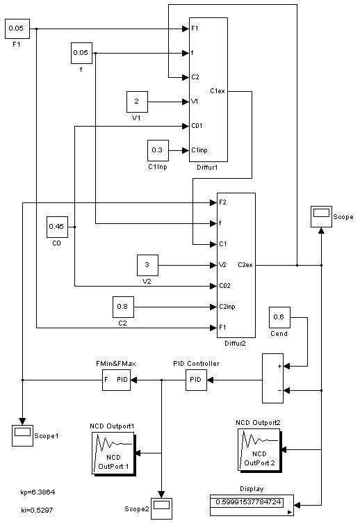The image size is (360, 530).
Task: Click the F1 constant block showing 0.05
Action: point(17,29)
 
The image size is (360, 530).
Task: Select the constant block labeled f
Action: point(81,53)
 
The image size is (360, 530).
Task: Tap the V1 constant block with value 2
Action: point(137,102)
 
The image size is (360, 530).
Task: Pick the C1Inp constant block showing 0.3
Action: point(158,150)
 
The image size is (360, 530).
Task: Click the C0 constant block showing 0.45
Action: point(57,227)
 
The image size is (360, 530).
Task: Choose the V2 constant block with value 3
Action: point(147,265)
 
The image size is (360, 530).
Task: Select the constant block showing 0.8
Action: point(123,307)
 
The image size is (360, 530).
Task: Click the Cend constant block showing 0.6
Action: point(279,317)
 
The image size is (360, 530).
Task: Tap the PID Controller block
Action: point(196,380)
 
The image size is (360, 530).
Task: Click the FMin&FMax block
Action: point(117,380)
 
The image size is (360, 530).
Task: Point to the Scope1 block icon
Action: point(23,435)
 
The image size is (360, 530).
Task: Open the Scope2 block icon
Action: point(161,508)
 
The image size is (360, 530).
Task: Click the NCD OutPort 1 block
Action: point(114,454)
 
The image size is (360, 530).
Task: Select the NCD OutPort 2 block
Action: point(260,451)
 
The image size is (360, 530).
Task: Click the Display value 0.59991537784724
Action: point(248,502)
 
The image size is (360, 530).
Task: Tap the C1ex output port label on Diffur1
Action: point(217,91)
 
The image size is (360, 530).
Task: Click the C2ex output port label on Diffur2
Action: point(245,265)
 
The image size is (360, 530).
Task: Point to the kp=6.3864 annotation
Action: point(38,492)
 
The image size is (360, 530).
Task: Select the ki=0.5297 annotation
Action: point(37,510)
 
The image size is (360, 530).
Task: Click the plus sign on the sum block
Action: point(279,366)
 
